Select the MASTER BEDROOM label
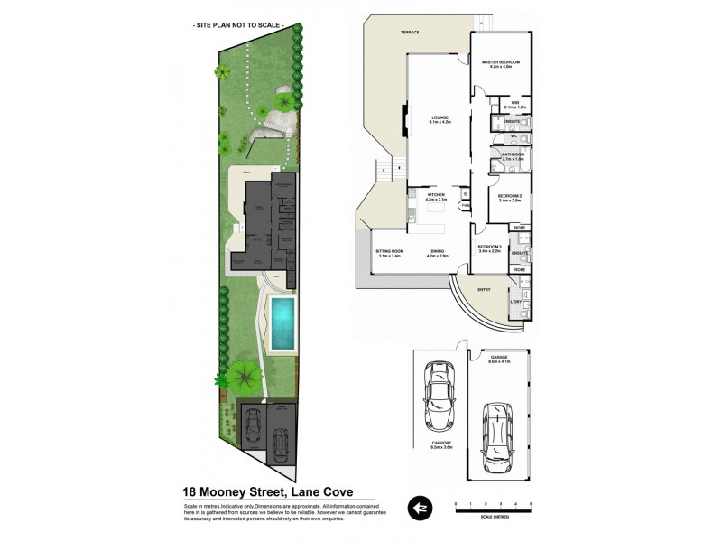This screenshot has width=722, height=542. point(500,63)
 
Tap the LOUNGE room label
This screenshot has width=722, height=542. point(440,118)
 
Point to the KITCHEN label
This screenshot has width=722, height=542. point(424,196)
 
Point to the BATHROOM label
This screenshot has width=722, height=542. point(514,155)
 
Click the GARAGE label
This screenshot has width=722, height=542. point(499,360)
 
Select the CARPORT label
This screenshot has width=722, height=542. point(440,444)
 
